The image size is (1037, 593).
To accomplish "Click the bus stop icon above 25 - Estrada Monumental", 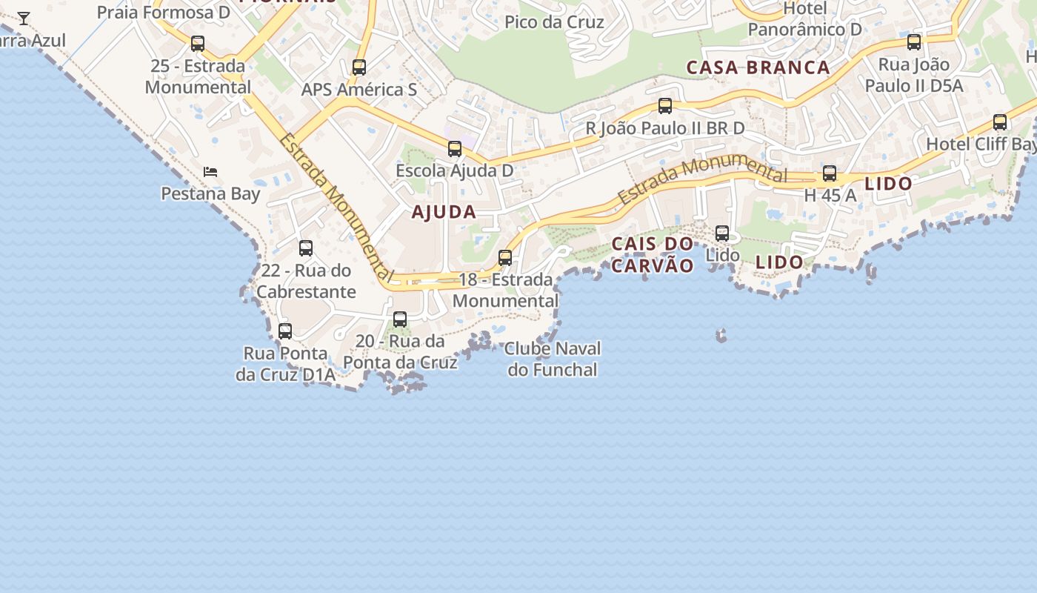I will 198,44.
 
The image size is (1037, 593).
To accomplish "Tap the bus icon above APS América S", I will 359,67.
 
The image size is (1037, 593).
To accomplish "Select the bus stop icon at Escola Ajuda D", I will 455,149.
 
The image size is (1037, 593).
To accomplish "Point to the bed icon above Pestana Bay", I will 211,172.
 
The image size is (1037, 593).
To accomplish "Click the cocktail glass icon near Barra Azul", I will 24,19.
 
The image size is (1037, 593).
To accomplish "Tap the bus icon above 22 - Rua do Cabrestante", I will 306,248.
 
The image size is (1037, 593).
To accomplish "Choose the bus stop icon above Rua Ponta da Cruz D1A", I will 285,331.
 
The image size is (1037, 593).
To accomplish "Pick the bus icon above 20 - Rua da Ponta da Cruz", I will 400,319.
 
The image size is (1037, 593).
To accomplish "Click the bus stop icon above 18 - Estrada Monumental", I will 505,258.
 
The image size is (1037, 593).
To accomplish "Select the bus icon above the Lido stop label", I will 722,233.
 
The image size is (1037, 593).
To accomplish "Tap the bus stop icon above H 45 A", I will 830,174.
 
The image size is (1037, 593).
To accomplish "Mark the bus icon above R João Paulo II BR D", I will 665,107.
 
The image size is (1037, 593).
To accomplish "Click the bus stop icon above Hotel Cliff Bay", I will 1000,122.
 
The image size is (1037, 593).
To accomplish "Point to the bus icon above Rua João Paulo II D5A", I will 914,42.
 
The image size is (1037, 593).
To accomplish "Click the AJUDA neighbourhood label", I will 444,212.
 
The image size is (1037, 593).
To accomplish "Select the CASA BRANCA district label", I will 758,67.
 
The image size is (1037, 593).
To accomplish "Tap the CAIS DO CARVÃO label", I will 653,254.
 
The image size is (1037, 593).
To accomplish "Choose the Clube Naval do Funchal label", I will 553,359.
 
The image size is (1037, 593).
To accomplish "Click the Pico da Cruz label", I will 554,22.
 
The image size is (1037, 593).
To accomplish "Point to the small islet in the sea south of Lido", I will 721,336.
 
